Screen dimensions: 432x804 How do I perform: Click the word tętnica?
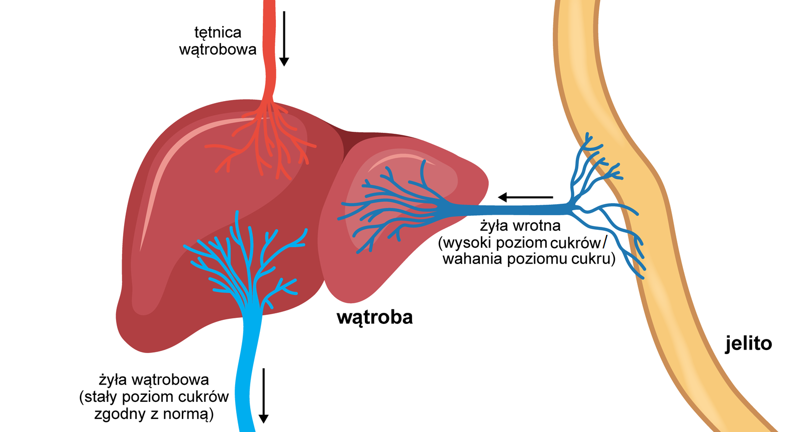218,33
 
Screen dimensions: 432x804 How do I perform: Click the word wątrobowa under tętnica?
218,50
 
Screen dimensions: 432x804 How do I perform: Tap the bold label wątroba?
374,317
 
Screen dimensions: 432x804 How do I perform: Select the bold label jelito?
748,343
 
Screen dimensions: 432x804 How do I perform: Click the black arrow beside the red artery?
284,38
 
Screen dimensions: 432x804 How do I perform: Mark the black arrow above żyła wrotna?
525,197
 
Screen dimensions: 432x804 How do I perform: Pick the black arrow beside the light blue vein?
263,395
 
